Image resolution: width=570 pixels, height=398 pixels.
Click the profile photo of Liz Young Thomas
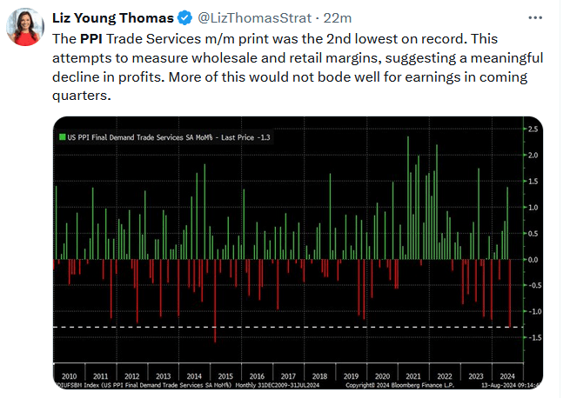tap(26, 26)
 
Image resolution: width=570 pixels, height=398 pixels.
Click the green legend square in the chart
tap(61, 137)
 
